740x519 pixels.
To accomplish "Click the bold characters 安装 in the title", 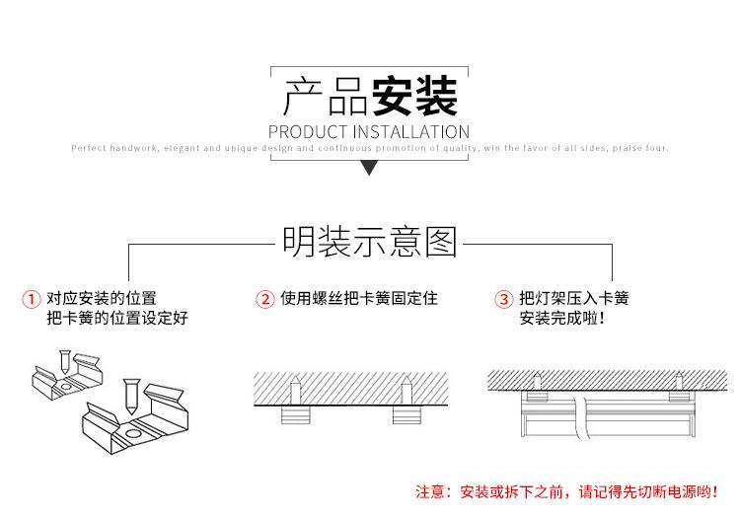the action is pos(414,97).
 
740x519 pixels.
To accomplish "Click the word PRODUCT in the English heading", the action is pos(307,132).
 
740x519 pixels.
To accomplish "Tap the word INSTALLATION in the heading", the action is pos(411,132).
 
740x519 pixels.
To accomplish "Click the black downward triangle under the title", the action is pos(369,168).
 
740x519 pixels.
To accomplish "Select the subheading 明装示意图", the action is pos(370,242).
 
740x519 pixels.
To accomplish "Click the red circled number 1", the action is pos(32,299).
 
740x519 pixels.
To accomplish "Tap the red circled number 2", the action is pos(264,299).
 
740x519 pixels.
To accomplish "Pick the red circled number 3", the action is pos(503,299).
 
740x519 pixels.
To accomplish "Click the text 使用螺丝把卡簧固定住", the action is pos(359,299).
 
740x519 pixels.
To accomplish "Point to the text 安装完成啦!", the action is pos(561,318).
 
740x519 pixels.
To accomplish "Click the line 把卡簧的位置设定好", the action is pos(117,318).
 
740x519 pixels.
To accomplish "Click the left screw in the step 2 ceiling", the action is pos(294,390).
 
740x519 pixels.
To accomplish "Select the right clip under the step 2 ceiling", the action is pos(407,414).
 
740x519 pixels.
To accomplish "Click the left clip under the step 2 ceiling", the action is pos(295,414).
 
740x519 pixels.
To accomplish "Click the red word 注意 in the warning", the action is pos(430,492).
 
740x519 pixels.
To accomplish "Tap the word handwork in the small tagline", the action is pos(133,148).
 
